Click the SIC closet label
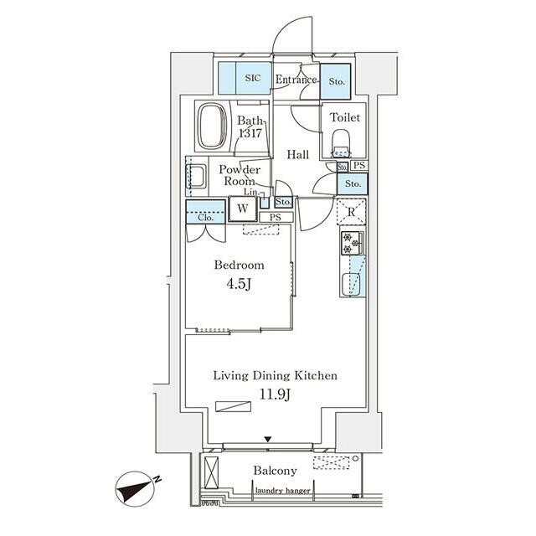[x=252, y=79]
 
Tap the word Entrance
[x=296, y=80]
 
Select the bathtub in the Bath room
[x=212, y=126]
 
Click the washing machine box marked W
[x=242, y=208]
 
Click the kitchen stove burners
[x=351, y=244]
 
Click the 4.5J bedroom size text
[x=239, y=282]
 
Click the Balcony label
[x=276, y=471]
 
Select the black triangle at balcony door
[x=268, y=439]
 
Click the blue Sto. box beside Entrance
[x=336, y=80]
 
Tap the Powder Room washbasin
[x=199, y=177]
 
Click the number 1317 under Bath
[x=250, y=133]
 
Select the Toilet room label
[x=345, y=118]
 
